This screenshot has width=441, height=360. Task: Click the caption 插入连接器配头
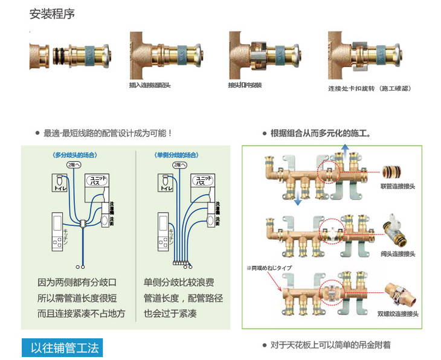point(150,85)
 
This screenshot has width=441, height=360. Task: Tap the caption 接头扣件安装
point(245,85)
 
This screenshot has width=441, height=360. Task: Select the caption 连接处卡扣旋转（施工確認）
point(369,88)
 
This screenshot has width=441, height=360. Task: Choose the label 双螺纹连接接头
point(398,314)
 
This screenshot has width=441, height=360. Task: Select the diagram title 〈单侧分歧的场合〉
point(177,155)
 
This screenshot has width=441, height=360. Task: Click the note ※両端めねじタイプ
point(269,268)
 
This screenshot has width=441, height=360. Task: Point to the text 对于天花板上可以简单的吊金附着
point(330,345)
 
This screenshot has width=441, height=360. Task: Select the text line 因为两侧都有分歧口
point(77,282)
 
